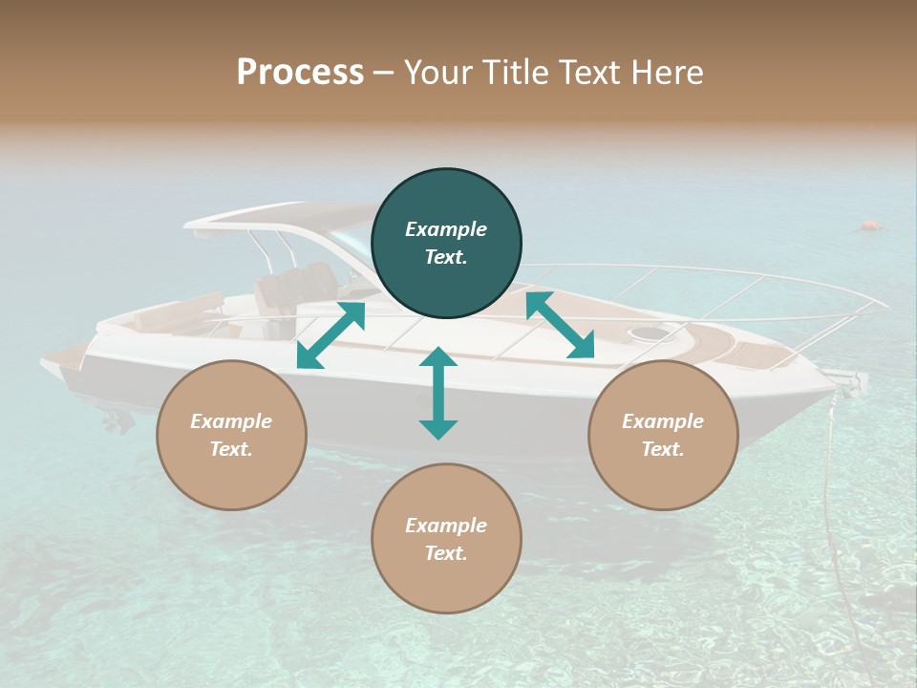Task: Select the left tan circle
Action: click(231, 435)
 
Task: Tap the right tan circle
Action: click(663, 435)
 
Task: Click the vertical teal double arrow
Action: click(438, 393)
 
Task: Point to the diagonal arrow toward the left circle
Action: click(331, 335)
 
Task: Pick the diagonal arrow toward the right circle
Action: click(561, 326)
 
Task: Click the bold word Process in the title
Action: click(300, 72)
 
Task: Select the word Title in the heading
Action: click(516, 72)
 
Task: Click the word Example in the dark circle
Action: click(446, 229)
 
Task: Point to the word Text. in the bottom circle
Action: click(446, 553)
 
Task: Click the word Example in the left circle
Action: click(231, 421)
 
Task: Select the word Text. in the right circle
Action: click(663, 449)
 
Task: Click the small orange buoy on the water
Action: click(869, 226)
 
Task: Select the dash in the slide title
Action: click(384, 73)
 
